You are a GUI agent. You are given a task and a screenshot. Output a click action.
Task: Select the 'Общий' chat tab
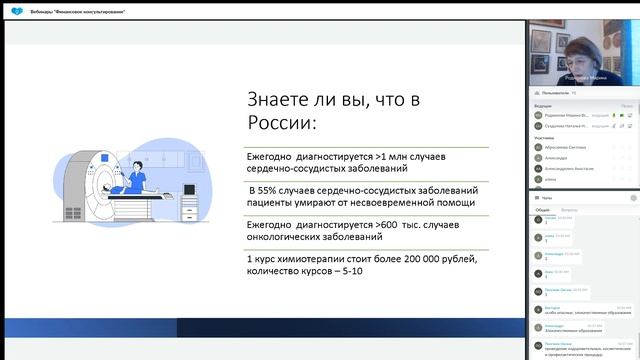point(541,211)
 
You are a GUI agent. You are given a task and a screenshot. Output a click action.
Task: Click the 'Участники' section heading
point(544,138)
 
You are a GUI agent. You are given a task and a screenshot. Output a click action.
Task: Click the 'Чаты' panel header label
point(547,198)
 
